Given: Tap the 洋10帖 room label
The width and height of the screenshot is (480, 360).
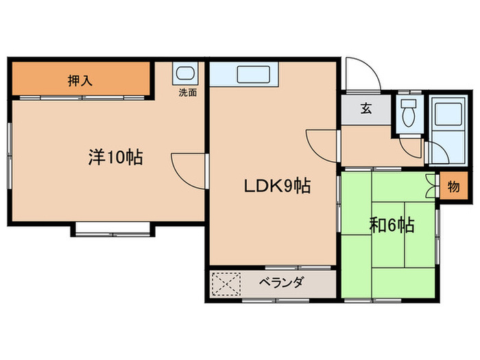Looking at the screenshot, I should click(115, 158).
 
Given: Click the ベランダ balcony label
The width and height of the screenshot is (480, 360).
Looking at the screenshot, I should click(281, 283).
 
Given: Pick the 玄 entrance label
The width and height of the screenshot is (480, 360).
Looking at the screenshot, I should click(366, 110).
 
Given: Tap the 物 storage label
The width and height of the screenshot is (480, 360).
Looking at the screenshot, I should click(453, 187).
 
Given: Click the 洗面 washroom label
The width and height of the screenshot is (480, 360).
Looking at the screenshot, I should click(187, 92).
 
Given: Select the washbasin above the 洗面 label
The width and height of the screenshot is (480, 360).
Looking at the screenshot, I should click(185, 74).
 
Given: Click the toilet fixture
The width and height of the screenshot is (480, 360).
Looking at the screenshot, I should click(409, 111).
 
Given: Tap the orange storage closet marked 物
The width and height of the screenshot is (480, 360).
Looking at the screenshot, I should click(452, 187).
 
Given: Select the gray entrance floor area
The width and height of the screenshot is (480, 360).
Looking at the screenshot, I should click(366, 110).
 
